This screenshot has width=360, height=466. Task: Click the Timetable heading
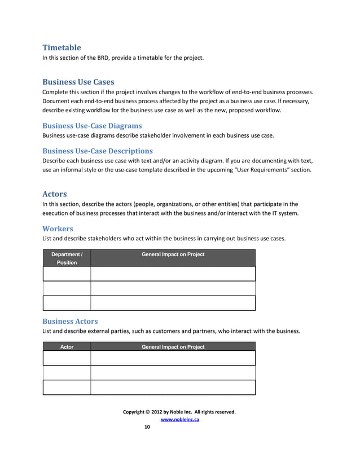click(x=62, y=47)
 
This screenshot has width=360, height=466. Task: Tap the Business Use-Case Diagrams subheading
click(x=92, y=125)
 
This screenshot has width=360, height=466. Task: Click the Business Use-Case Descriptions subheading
click(x=98, y=151)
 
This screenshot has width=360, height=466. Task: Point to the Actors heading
click(x=55, y=194)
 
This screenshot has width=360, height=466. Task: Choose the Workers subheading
click(x=58, y=228)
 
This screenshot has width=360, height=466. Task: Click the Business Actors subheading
click(x=70, y=320)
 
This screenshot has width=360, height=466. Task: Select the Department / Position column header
click(x=67, y=258)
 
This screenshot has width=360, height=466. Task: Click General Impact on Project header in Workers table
click(x=173, y=254)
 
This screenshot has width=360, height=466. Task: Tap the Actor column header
click(x=67, y=347)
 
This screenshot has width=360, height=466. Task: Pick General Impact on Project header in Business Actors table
click(x=173, y=347)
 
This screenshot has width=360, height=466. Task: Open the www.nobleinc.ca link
click(x=179, y=419)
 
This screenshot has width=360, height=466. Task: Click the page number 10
click(x=147, y=427)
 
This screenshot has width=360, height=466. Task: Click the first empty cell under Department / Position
click(x=67, y=274)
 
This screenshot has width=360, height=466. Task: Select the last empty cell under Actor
click(x=67, y=388)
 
